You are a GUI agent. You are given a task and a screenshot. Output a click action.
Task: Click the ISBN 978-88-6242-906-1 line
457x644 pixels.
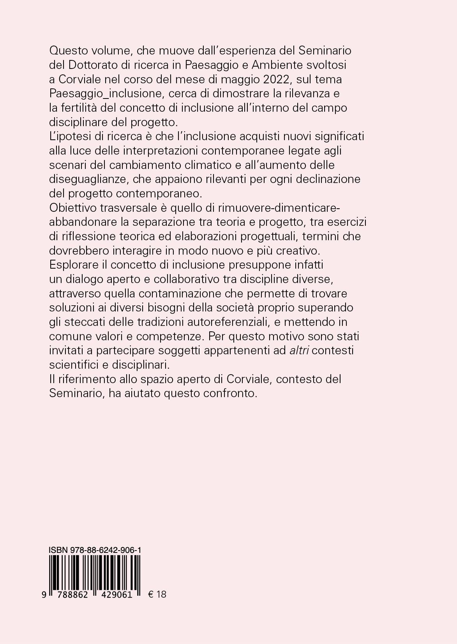[x=95, y=550]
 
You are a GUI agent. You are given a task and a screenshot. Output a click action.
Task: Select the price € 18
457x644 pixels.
[x=157, y=594]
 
